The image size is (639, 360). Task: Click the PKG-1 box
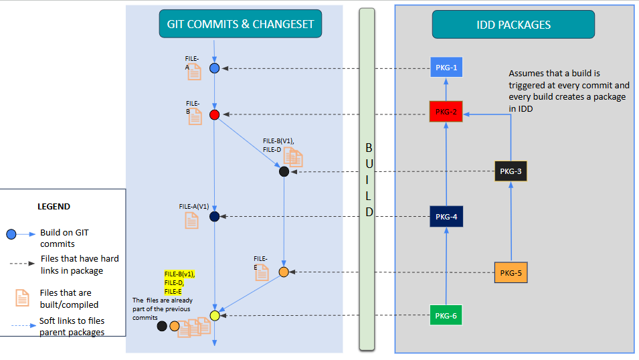click(446, 68)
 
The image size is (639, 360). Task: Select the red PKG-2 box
click(446, 112)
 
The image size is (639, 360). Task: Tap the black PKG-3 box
click(511, 171)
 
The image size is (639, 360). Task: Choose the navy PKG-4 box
click(446, 217)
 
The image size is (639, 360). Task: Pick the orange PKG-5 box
click(511, 272)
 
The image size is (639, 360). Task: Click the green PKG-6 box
click(446, 315)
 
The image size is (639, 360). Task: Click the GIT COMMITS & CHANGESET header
click(241, 25)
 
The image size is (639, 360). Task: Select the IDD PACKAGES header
click(513, 25)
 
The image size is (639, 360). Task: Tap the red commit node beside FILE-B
click(215, 114)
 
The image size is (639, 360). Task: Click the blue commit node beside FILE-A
click(215, 68)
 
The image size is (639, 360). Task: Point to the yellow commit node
click(215, 315)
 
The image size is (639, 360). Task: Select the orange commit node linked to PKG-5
click(284, 272)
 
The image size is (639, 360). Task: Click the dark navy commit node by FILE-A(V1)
click(215, 216)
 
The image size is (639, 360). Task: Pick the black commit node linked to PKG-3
click(284, 172)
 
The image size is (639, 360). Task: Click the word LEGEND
click(54, 207)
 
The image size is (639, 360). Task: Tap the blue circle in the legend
click(11, 234)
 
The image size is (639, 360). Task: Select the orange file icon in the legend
click(22, 296)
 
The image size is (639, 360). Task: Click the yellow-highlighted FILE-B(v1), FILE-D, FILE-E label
click(179, 282)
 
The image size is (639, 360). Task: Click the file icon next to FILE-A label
click(194, 72)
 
